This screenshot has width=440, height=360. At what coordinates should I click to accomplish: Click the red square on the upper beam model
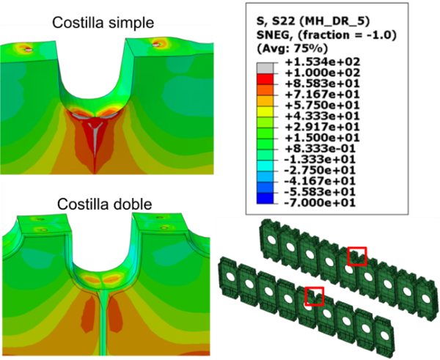point(356,256)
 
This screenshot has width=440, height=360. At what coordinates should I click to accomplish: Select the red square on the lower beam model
point(314,295)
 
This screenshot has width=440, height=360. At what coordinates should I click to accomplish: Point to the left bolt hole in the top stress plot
point(27,50)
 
